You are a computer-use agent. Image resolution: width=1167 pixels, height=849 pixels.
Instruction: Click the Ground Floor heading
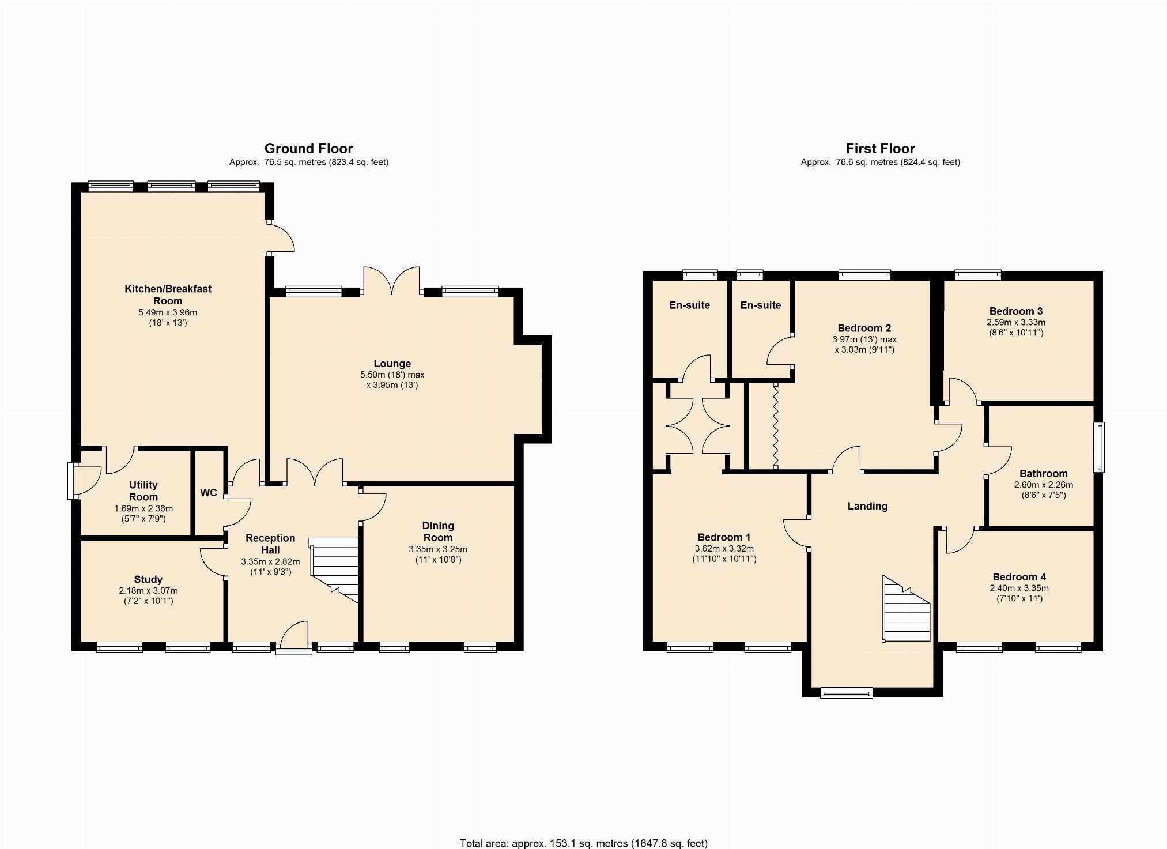pos(308,149)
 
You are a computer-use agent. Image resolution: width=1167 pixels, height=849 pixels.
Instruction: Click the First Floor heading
pos(880,149)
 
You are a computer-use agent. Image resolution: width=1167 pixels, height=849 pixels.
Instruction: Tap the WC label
pos(209,493)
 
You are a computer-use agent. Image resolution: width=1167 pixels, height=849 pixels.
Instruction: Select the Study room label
pos(148,579)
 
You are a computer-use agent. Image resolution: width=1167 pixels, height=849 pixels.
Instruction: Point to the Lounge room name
pos(392,364)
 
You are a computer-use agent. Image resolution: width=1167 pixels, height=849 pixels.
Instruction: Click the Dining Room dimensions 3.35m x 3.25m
pos(438,549)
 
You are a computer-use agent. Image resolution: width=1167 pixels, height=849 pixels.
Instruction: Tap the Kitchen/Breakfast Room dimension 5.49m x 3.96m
pos(168,312)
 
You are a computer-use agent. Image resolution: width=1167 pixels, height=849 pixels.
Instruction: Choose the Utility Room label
pos(143,491)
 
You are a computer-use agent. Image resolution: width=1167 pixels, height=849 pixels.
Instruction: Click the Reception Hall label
pos(270,544)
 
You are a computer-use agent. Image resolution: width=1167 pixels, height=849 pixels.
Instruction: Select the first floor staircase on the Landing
pos(906,609)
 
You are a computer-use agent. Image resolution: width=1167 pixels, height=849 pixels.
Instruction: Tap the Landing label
pos(867,506)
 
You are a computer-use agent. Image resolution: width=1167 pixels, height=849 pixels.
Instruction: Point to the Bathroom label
pos(1043,474)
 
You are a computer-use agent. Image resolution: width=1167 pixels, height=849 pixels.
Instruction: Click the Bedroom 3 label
pos(1016,311)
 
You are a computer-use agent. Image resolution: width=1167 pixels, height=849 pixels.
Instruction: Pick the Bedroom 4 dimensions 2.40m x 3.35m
pos(1019,588)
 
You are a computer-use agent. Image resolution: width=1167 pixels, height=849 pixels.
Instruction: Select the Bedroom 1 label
pos(724,537)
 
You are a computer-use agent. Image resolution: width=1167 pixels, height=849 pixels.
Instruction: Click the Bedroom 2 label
pos(864,328)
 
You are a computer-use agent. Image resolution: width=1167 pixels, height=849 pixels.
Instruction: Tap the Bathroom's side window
pos(1099,447)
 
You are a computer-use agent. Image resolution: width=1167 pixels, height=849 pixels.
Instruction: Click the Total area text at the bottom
pos(583,843)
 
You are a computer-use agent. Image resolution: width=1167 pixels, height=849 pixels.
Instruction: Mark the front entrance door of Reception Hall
pos(294,637)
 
